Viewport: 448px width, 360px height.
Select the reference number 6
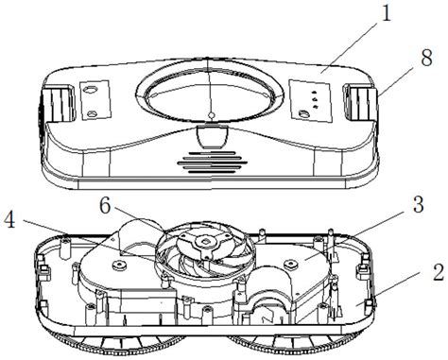(105, 206)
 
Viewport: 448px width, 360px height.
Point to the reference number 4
(9, 220)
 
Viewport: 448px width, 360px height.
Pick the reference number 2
(438, 272)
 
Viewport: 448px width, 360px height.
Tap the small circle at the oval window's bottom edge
(212, 116)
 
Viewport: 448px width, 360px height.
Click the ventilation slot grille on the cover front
(212, 162)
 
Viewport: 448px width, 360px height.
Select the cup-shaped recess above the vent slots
(212, 136)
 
